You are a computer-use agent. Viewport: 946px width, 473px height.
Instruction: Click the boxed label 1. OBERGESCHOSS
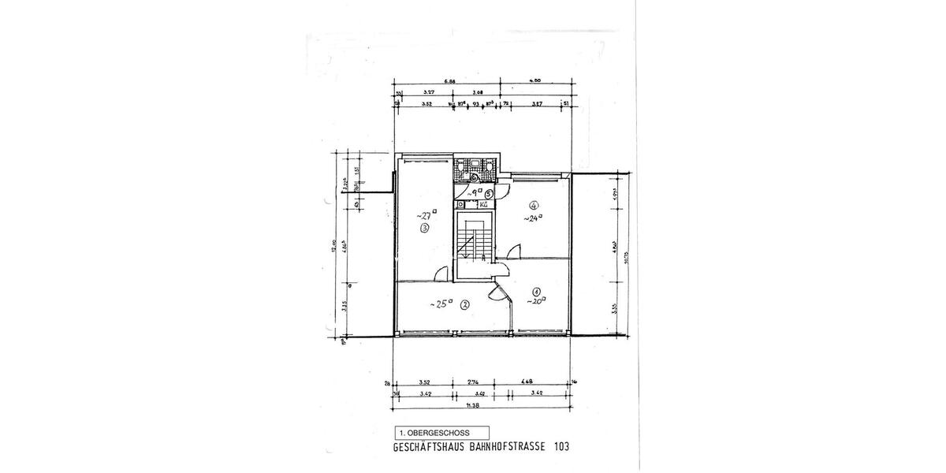(441, 433)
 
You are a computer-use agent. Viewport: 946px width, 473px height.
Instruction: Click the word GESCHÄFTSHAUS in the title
(430, 446)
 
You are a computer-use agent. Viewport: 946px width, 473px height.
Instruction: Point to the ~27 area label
(427, 215)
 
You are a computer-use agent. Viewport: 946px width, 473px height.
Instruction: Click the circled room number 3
(425, 229)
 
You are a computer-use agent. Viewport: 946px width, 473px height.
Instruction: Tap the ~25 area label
(440, 303)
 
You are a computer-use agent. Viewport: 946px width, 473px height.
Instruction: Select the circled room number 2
(465, 304)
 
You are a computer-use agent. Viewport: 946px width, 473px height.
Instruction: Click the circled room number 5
(489, 193)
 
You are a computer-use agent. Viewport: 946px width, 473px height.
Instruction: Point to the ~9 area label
(474, 192)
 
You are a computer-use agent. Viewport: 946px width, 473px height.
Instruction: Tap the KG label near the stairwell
(483, 203)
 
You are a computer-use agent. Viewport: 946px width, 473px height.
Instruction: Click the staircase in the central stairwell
(474, 240)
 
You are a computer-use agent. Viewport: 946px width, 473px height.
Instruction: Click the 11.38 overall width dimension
(472, 404)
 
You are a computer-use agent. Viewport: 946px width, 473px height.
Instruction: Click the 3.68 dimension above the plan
(478, 92)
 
